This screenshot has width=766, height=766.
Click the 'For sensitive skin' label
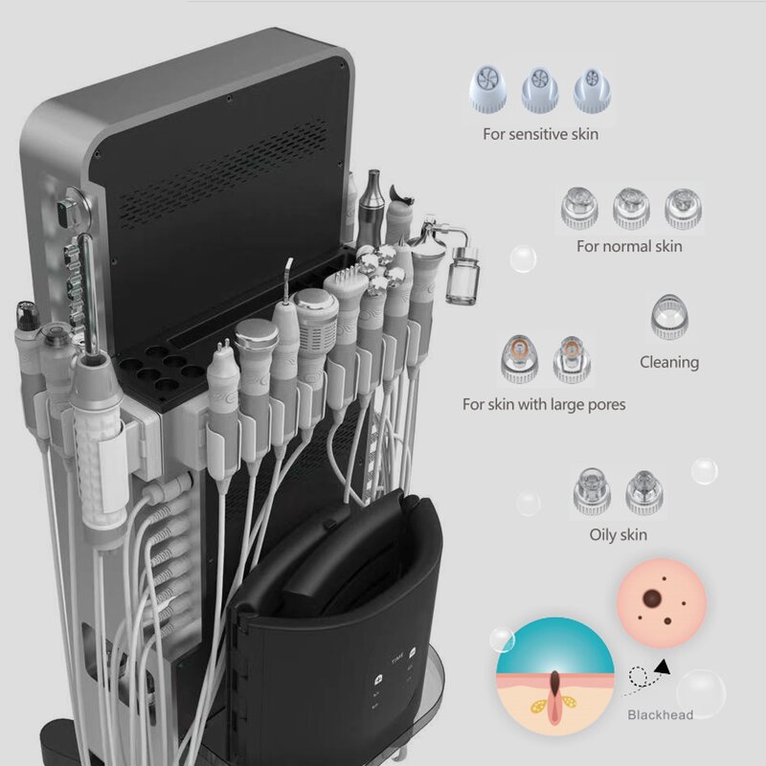[x=540, y=134]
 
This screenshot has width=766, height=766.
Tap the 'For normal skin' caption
[x=629, y=246]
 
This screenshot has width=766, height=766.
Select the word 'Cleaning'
[x=669, y=362]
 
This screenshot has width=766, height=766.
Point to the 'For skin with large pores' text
[x=544, y=404]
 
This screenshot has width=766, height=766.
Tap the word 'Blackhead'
[x=660, y=713]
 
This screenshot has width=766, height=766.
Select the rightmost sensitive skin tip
[x=592, y=91]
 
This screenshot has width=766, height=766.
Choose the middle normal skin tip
[x=629, y=206]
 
